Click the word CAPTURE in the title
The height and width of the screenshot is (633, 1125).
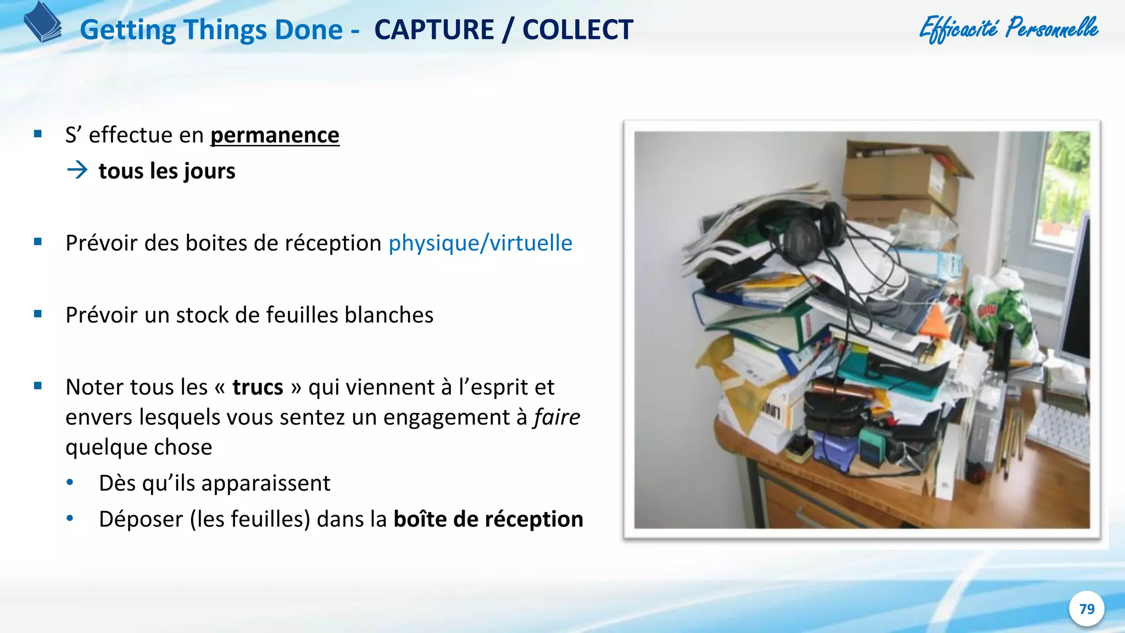tap(434, 30)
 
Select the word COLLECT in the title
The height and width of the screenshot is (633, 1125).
tap(577, 30)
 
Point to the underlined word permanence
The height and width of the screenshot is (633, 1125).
tap(275, 135)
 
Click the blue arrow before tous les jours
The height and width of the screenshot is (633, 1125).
tap(77, 170)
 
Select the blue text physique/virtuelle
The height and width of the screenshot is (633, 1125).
tap(480, 243)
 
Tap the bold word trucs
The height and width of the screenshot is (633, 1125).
tap(258, 387)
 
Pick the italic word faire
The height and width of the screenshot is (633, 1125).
tap(557, 418)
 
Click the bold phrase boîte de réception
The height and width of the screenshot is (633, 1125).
tap(488, 519)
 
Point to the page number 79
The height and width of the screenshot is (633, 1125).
tap(1087, 609)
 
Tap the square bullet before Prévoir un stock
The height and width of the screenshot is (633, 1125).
tap(38, 314)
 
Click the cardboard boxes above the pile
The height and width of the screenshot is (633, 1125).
tap(901, 176)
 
